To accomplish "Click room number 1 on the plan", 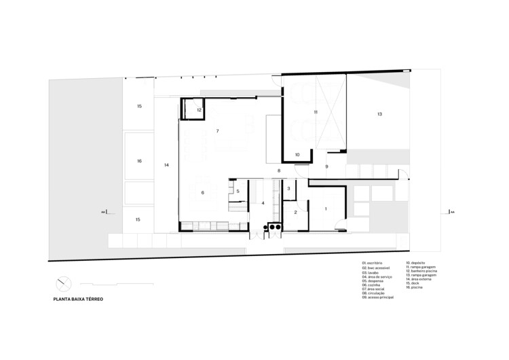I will [x=326, y=209].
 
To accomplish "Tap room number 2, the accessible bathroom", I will [x=296, y=213].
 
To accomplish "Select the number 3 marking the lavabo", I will [x=288, y=189].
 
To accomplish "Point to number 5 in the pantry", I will [x=238, y=192].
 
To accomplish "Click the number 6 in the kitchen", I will [x=203, y=194].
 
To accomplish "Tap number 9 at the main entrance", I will [x=326, y=166].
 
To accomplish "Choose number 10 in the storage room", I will [x=297, y=155].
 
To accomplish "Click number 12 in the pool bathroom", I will [x=200, y=109].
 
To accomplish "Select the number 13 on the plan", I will [x=380, y=114].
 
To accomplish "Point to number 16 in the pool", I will [x=138, y=161].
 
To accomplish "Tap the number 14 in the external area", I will [x=166, y=165].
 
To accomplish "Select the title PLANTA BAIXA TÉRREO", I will [x=79, y=298].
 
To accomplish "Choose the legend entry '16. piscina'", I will [x=415, y=288].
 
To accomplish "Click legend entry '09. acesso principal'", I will [x=379, y=298].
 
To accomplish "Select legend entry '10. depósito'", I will [x=416, y=262].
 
